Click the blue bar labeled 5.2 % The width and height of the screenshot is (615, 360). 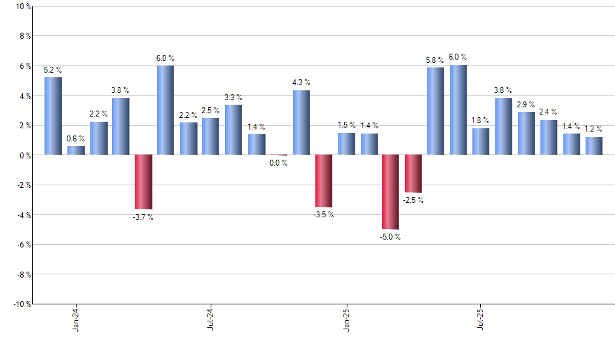(53, 116)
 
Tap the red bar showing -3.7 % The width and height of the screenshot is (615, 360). (143, 182)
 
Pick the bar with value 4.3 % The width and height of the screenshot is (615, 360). (301, 122)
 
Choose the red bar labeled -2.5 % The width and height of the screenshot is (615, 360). (413, 173)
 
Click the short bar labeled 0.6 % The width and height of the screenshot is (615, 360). (76, 150)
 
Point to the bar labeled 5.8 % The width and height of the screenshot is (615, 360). (436, 111)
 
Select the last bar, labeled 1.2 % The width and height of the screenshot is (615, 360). (593, 146)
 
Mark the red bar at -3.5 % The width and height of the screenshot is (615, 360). (323, 181)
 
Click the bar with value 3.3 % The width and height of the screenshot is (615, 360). (234, 130)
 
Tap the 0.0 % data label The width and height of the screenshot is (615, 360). (279, 163)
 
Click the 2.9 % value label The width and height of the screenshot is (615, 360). (526, 105)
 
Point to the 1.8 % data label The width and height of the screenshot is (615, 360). (481, 120)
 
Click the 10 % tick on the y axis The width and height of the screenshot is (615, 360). (22, 7)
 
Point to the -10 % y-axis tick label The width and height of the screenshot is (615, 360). (21, 304)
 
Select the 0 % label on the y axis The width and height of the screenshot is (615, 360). (24, 155)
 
